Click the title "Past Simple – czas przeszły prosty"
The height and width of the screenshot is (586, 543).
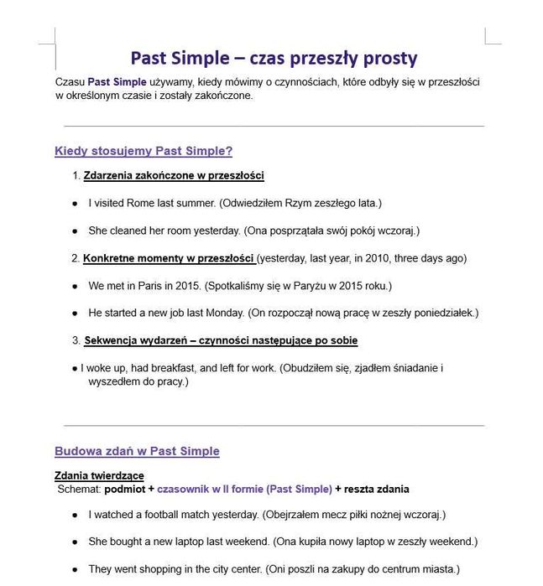pos(274,58)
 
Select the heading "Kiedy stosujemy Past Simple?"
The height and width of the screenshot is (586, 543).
pos(144,151)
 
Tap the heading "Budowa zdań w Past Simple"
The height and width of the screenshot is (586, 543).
pos(137,451)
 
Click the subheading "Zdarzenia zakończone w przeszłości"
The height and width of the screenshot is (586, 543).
pos(174,175)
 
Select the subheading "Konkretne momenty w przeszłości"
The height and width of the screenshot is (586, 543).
pos(169,258)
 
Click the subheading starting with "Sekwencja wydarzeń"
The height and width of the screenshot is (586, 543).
pos(221,340)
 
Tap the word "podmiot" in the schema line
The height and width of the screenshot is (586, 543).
pos(129,489)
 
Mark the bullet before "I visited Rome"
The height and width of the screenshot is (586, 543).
pos(75,204)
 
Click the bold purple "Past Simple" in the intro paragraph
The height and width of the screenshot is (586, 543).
pos(117,82)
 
